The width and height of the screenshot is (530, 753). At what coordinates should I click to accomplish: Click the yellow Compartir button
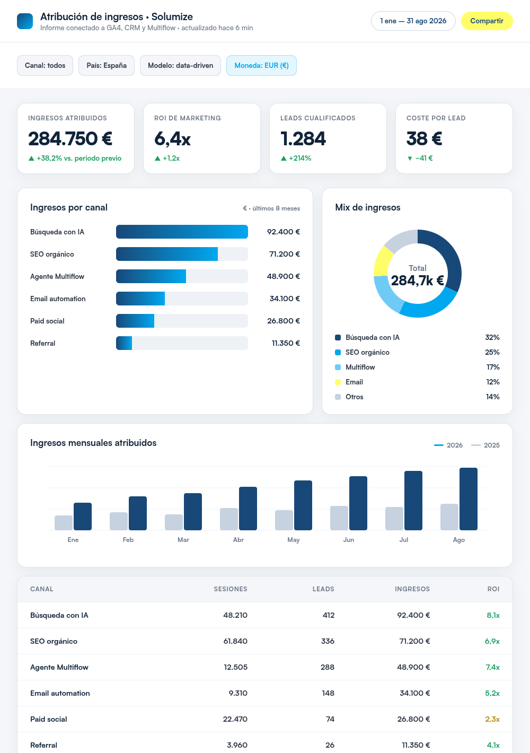click(x=487, y=21)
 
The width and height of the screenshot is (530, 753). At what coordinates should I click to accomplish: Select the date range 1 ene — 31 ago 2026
click(x=413, y=21)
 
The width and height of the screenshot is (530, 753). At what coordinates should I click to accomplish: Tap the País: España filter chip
click(x=107, y=66)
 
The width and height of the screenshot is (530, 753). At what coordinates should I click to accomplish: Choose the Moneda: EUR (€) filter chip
click(x=261, y=66)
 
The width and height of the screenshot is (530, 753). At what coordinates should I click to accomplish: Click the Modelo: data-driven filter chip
click(x=181, y=66)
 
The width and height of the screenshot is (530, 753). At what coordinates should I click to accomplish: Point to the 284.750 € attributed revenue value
click(x=70, y=139)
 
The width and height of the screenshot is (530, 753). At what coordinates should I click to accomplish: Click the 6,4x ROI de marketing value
click(x=172, y=139)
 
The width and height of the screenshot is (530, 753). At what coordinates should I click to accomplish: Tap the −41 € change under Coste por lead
click(x=420, y=159)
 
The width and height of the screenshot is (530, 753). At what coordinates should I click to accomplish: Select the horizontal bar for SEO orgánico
click(x=167, y=254)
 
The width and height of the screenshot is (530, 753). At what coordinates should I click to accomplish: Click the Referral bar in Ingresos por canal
click(x=124, y=343)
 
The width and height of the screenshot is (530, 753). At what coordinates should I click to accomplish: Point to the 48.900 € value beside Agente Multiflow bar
click(x=284, y=276)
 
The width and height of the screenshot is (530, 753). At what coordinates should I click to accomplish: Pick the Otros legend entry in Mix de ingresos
click(x=349, y=397)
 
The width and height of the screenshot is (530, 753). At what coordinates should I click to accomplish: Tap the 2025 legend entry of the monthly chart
click(x=485, y=445)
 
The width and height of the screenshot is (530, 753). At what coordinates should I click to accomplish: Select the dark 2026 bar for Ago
click(x=469, y=499)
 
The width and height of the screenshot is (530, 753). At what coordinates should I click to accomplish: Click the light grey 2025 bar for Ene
click(x=64, y=523)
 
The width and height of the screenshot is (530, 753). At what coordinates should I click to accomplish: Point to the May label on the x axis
click(x=294, y=540)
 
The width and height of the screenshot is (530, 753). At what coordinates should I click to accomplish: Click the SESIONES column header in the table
click(x=231, y=589)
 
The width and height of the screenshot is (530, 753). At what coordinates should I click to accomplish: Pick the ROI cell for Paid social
click(x=492, y=720)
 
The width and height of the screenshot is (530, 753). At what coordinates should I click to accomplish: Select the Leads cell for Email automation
click(x=328, y=693)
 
